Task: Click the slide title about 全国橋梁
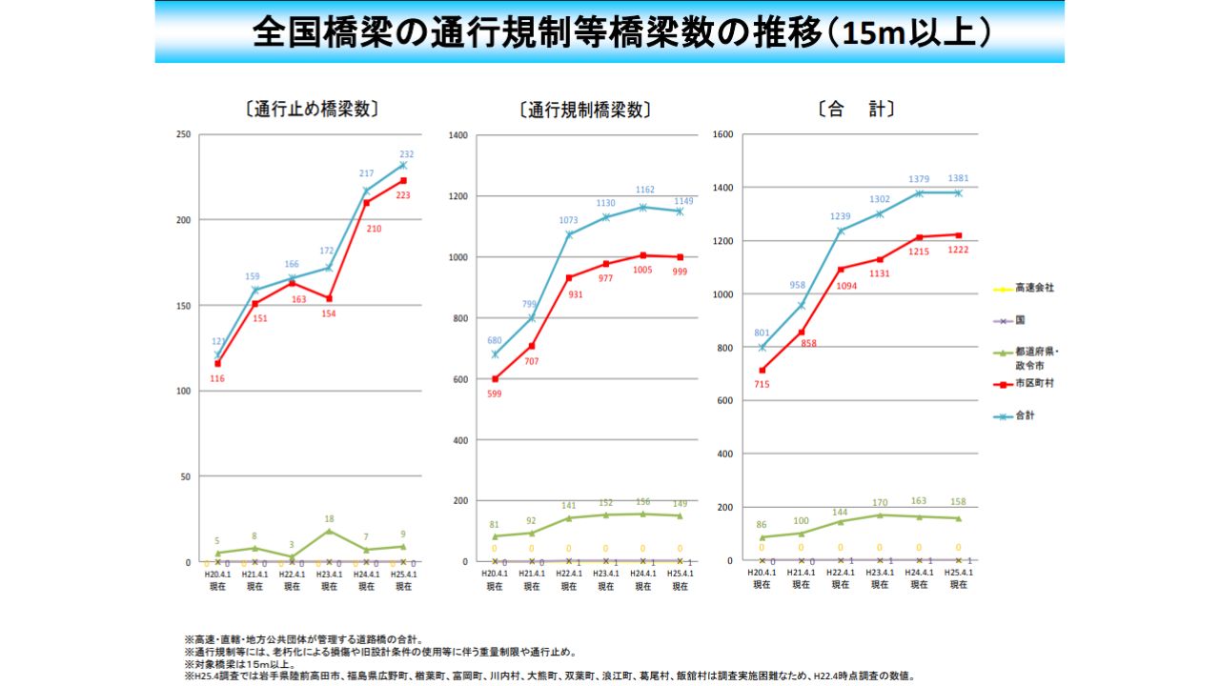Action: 609,32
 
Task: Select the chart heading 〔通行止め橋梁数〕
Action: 312,109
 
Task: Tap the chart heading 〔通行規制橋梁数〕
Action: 585,110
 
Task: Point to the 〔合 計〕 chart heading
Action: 855,110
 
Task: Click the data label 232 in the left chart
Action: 407,154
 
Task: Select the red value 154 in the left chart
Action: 330,313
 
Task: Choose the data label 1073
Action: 568,220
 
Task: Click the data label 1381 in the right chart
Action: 959,178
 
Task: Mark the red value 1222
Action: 959,250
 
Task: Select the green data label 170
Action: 879,503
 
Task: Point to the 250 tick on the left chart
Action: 182,134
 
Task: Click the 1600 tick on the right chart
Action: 722,134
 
